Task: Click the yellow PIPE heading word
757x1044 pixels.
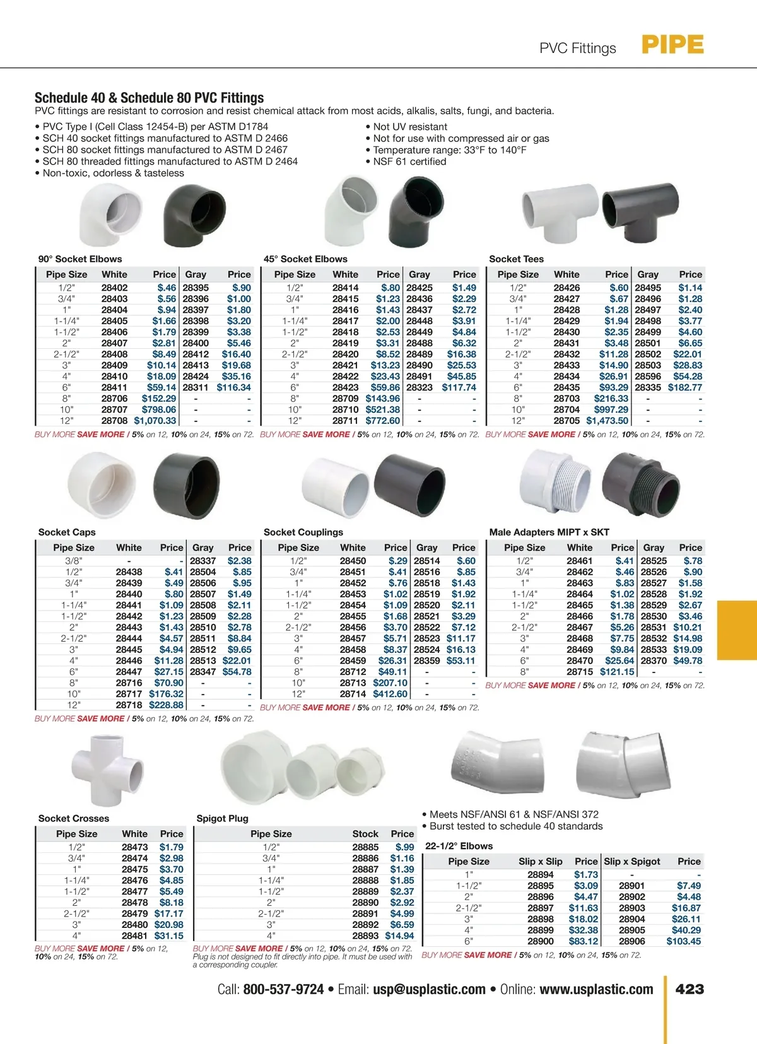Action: click(x=672, y=45)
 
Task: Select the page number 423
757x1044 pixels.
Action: click(x=690, y=989)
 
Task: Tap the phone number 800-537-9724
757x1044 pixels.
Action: click(x=283, y=990)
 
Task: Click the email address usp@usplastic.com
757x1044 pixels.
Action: click(x=429, y=990)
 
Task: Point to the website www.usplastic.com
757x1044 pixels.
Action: click(x=596, y=990)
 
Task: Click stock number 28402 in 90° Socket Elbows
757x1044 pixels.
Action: click(x=114, y=288)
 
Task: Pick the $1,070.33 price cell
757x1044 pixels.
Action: click(x=155, y=421)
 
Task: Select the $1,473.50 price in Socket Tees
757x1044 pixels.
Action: click(x=607, y=421)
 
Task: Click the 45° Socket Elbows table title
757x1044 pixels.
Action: click(x=305, y=259)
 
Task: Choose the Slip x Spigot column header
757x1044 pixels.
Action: click(x=632, y=862)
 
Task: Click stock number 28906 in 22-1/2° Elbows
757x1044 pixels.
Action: click(x=631, y=941)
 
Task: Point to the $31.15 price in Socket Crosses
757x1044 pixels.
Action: click(x=168, y=936)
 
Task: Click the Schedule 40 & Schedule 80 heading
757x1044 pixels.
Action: click(x=149, y=98)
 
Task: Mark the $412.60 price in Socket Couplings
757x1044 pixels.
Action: click(x=390, y=694)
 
